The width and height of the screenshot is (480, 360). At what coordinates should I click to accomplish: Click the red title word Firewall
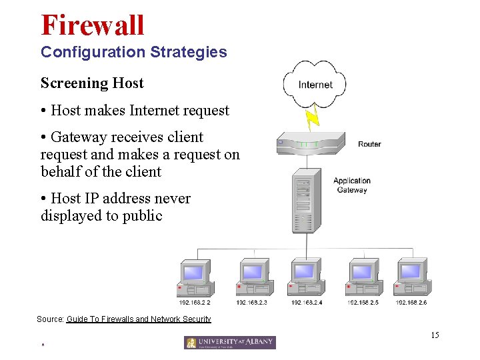pyautogui.click(x=92, y=25)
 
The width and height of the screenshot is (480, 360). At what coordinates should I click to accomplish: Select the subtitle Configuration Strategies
pyautogui.click(x=133, y=52)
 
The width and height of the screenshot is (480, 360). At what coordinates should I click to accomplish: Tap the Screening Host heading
pyautogui.click(x=92, y=83)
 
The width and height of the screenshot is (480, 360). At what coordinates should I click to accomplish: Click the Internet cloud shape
pyautogui.click(x=315, y=84)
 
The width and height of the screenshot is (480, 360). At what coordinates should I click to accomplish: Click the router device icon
pyautogui.click(x=310, y=143)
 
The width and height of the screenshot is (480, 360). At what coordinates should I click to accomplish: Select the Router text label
pyautogui.click(x=369, y=144)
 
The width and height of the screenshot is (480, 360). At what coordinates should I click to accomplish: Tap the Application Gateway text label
pyautogui.click(x=351, y=185)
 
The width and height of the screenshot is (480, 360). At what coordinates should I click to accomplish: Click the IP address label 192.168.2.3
pyautogui.click(x=251, y=303)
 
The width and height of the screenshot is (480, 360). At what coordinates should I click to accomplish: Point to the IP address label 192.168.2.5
pyautogui.click(x=363, y=303)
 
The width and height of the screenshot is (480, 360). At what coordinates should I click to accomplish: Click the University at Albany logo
pyautogui.click(x=230, y=343)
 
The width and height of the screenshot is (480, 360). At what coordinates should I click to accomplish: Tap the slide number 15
pyautogui.click(x=435, y=335)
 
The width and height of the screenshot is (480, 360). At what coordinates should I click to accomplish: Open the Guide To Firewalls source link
pyautogui.click(x=139, y=319)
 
